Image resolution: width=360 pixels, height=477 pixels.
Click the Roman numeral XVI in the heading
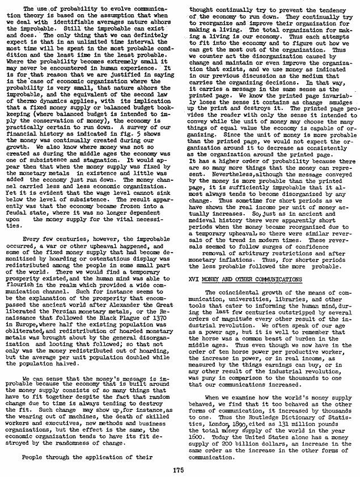point(194,279)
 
